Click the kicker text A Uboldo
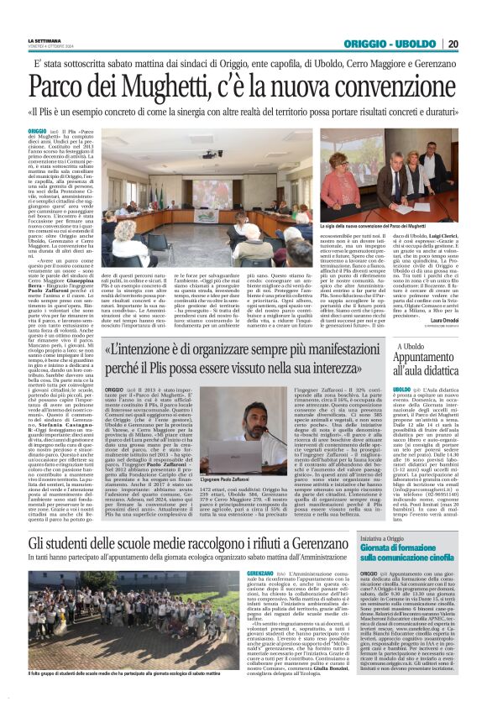[x=411, y=345]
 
